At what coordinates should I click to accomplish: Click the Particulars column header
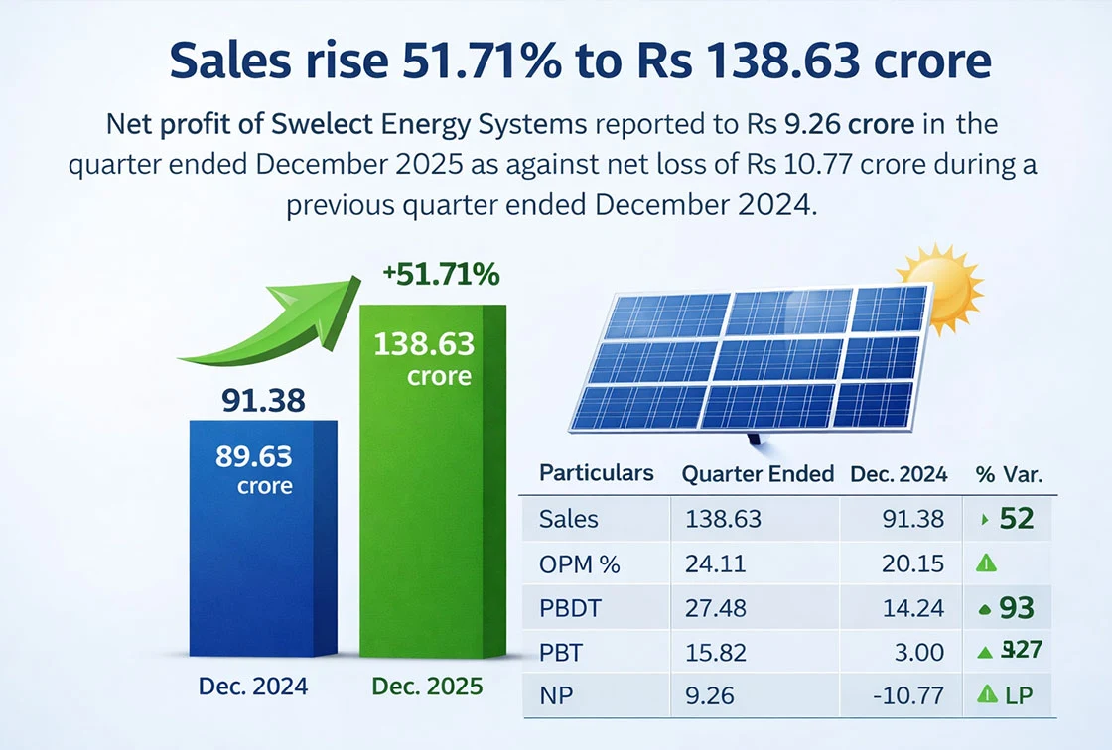tap(596, 473)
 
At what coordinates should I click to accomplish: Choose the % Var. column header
tap(1009, 474)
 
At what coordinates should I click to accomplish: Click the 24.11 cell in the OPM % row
tap(710, 563)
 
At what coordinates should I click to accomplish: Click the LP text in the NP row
tap(1019, 696)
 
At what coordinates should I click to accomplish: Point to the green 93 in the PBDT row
tap(1018, 607)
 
